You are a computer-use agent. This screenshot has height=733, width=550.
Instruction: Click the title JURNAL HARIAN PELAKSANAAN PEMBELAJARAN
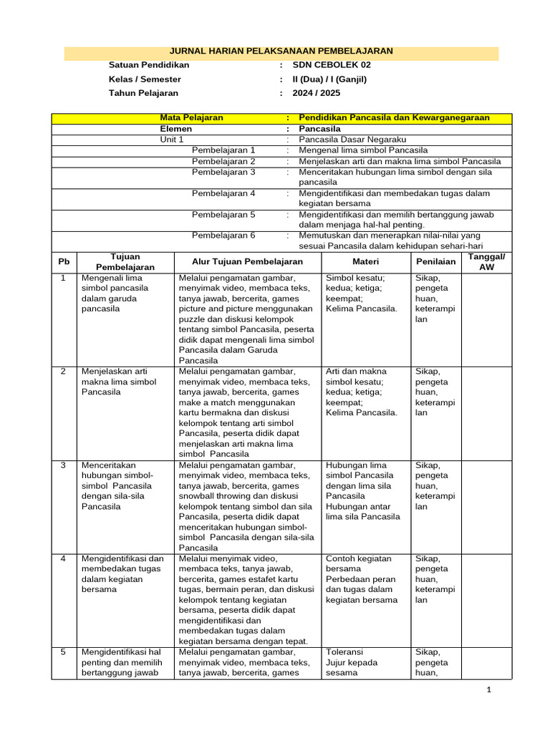point(281,51)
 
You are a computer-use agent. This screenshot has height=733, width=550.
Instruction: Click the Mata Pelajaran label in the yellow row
point(191,117)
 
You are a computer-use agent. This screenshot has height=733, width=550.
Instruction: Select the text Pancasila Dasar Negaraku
point(352,140)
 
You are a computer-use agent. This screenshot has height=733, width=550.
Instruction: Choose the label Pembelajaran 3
point(223,172)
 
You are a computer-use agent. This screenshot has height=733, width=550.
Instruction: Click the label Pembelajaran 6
point(223,235)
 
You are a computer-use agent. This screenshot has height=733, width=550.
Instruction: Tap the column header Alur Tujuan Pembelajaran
point(247,262)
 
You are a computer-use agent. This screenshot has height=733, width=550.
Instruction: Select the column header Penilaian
point(435,262)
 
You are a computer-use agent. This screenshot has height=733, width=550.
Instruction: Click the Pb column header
point(64,262)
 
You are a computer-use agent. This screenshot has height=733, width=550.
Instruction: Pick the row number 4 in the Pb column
point(64,559)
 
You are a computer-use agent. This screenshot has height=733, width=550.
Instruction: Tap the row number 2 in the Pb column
point(64,372)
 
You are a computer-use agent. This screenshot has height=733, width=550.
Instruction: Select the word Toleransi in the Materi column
point(344,653)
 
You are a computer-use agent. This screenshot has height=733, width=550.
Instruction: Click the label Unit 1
point(172,140)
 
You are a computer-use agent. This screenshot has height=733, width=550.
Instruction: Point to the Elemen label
point(175,129)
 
